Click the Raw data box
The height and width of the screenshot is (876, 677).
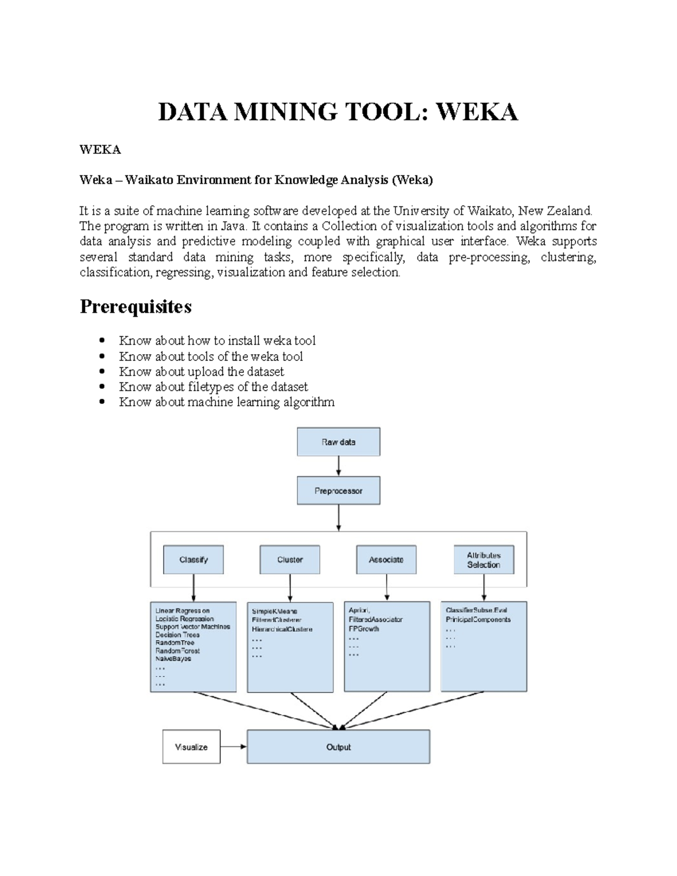click(338, 442)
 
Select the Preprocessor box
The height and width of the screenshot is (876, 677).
click(338, 491)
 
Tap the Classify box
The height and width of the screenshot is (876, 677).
click(194, 560)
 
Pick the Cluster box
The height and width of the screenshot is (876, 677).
click(290, 560)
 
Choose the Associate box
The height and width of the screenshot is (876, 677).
click(386, 560)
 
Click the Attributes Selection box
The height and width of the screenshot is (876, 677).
click(483, 560)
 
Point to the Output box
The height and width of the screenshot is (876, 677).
click(338, 747)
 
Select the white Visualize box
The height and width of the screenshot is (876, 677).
click(191, 747)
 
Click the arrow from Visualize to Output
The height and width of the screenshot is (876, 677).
click(234, 747)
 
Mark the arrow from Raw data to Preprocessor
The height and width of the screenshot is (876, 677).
click(338, 466)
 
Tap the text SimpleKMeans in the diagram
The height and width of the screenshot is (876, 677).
click(275, 611)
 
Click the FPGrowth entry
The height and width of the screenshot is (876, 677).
click(364, 628)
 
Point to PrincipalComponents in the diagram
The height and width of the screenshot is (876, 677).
click(478, 619)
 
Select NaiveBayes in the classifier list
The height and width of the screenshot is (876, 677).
click(174, 658)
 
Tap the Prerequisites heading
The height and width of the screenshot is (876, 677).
click(135, 307)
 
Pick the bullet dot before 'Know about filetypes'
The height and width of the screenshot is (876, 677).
click(102, 387)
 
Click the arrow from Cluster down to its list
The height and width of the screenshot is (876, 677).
click(290, 588)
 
